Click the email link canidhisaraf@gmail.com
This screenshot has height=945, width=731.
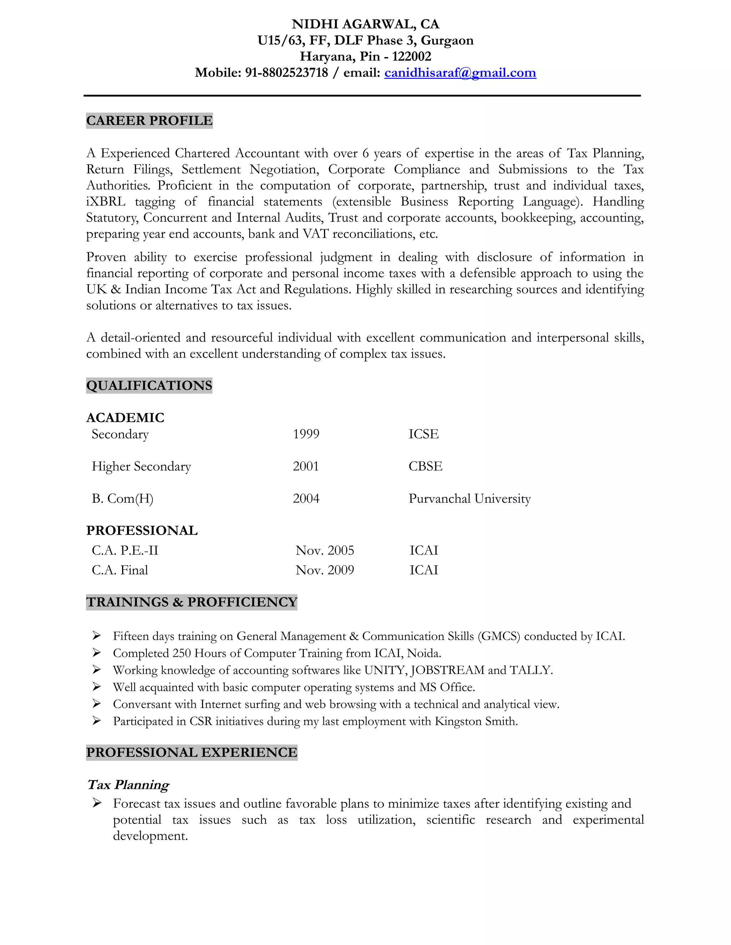(460, 73)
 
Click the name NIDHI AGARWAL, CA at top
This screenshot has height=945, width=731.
(365, 24)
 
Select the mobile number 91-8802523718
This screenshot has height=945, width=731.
(287, 73)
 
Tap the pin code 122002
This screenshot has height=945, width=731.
(412, 57)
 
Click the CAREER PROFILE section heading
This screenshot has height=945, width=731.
(150, 121)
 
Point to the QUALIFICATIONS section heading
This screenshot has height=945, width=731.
(150, 385)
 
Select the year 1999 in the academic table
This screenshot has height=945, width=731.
(306, 434)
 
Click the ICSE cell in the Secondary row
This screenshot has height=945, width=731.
(424, 434)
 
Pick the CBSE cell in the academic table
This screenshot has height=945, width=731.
(425, 466)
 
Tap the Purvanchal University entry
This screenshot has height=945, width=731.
(469, 499)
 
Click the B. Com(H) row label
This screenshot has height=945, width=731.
(122, 499)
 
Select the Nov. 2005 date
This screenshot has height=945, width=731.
(325, 550)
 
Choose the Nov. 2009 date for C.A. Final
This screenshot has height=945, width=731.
(325, 570)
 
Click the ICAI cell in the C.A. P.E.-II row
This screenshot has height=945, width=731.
(424, 550)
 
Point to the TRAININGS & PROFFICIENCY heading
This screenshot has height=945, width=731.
(192, 602)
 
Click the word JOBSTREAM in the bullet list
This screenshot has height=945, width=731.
(447, 670)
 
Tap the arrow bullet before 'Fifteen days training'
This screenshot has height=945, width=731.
(97, 635)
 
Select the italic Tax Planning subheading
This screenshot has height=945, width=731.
(128, 785)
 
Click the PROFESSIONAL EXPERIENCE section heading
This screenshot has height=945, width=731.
(192, 752)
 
